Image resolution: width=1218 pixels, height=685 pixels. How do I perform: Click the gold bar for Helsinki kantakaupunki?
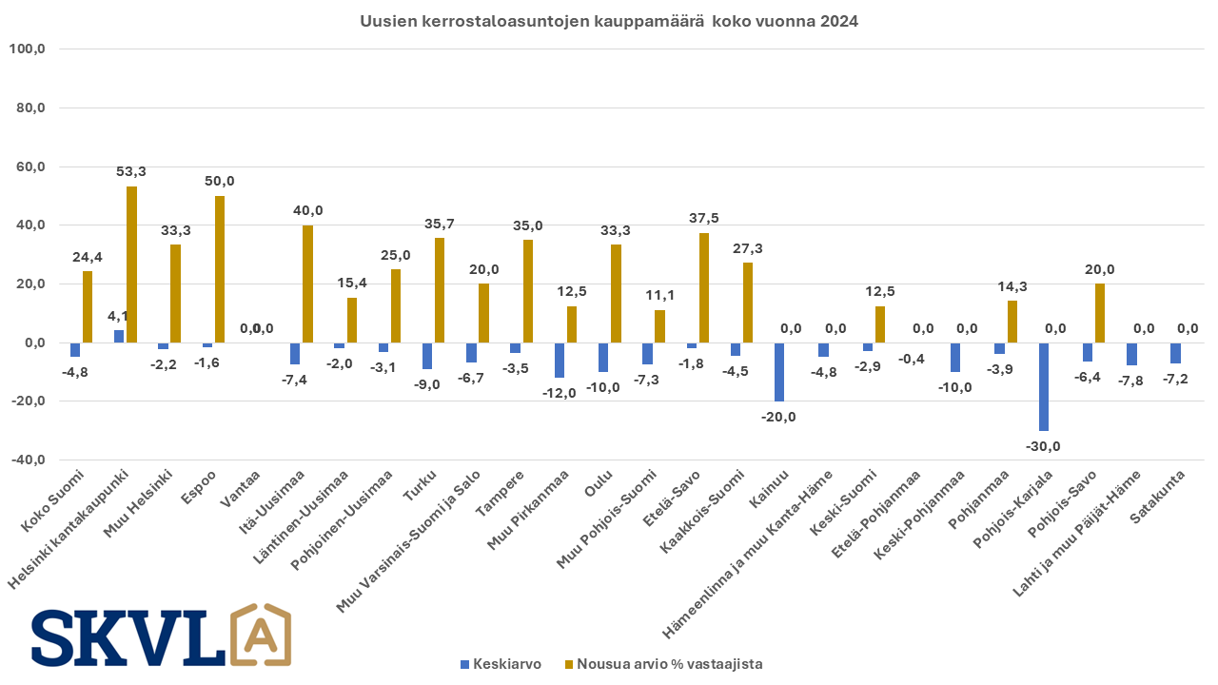tap(131, 264)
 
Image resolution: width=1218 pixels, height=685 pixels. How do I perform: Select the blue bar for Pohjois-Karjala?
tap(1044, 386)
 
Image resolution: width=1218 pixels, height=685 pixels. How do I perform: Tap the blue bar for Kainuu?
tap(778, 372)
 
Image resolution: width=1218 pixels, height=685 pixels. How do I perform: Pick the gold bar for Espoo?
tap(220, 269)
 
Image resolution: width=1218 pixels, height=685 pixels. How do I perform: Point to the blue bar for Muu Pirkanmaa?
tap(560, 360)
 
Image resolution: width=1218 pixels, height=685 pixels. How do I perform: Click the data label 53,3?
tap(131, 171)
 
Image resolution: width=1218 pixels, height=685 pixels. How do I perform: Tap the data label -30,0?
tap(1044, 446)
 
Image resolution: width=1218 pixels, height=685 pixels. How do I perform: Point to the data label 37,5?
tap(704, 218)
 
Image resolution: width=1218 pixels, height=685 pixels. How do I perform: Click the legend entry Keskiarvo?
tap(501, 664)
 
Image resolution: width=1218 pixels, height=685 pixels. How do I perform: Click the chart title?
tap(609, 21)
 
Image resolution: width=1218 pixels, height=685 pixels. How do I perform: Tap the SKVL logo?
tap(160, 635)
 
